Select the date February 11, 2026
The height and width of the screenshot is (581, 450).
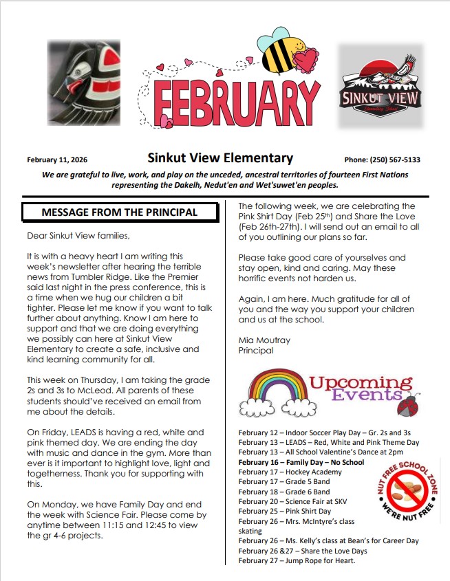tap(57, 160)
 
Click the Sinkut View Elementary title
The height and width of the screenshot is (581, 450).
tap(220, 158)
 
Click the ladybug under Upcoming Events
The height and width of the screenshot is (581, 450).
tap(409, 406)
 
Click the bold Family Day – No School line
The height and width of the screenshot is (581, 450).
tap(301, 463)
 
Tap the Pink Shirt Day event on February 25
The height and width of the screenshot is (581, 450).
tap(285, 512)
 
